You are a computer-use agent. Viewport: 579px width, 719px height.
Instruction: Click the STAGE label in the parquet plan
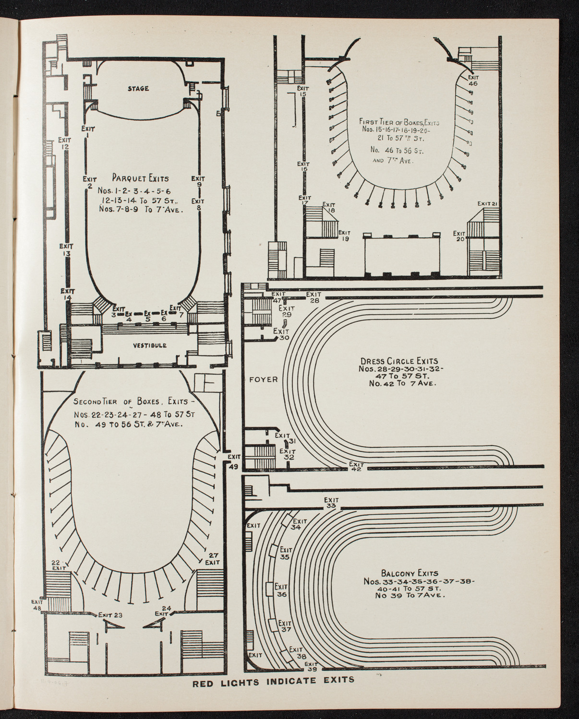(138, 88)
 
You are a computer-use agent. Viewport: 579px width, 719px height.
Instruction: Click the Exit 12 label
(64, 143)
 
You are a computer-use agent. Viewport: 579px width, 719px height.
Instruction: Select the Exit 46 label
(473, 80)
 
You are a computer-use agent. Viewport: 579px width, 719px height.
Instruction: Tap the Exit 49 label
(234, 461)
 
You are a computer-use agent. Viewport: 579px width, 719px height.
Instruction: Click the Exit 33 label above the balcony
(331, 502)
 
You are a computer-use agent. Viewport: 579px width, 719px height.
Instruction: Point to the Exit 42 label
(356, 466)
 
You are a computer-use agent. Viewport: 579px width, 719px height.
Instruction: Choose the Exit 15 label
(302, 91)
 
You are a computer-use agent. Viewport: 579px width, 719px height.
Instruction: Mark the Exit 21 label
(486, 204)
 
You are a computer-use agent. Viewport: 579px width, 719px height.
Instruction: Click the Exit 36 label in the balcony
(281, 590)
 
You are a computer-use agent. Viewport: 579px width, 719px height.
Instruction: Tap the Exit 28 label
(314, 297)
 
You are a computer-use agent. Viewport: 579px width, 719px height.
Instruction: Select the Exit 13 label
(66, 250)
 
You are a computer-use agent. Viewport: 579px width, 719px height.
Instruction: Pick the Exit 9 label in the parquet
(198, 181)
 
